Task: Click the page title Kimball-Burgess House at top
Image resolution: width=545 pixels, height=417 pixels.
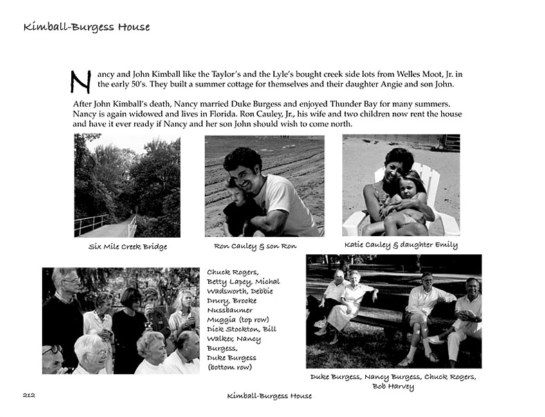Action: pos(86,28)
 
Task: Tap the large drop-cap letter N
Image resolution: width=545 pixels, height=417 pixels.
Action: pos(81,80)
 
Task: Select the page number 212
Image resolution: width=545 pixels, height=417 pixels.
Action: pos(28,396)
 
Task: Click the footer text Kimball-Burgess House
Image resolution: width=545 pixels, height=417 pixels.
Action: pos(270,396)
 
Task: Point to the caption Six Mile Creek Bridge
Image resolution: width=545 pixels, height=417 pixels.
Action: pos(127,247)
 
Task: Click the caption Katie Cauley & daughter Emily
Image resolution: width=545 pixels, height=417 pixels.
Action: pos(400,245)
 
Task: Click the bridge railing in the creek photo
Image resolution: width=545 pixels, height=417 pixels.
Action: pos(91,224)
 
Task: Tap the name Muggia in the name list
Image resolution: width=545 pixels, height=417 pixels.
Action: pos(220,320)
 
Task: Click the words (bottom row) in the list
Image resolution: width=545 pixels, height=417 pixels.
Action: pos(231,367)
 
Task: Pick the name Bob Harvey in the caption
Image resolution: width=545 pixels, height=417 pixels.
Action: pos(393,387)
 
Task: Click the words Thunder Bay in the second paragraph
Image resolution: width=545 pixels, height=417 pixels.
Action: pos(353,104)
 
